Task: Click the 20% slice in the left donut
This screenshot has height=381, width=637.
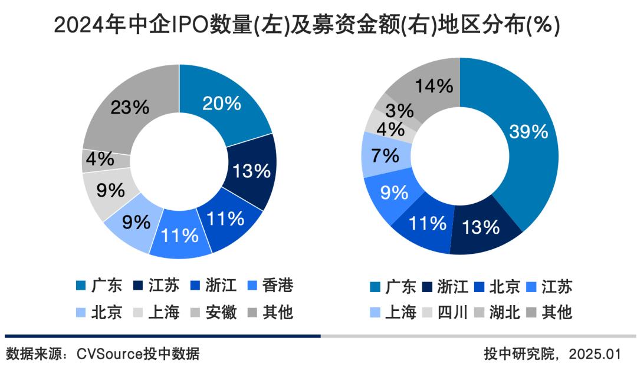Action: [221, 104]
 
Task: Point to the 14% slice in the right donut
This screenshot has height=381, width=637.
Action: [434, 87]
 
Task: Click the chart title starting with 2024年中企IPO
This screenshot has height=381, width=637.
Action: [307, 25]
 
